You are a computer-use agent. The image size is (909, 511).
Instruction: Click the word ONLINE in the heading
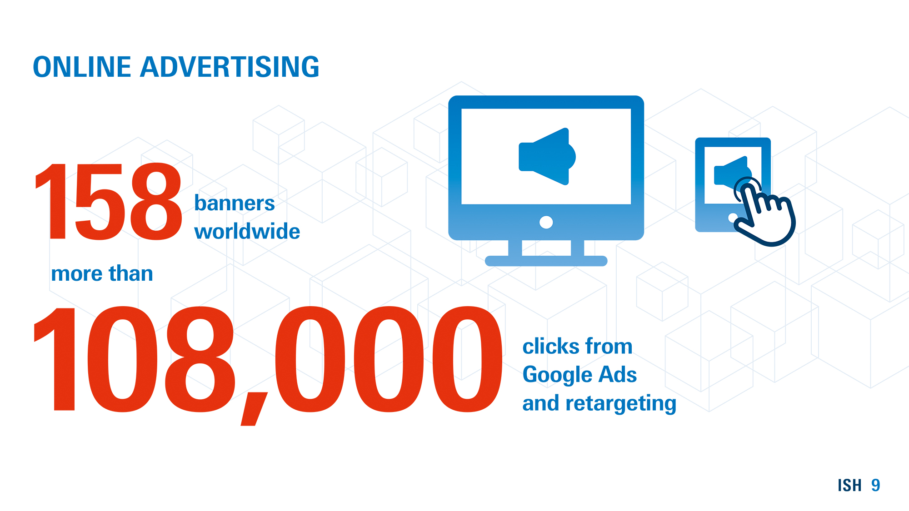tap(82, 67)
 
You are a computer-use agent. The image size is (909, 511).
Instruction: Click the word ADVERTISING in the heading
tap(230, 67)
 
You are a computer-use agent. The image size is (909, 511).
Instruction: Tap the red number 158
tap(108, 202)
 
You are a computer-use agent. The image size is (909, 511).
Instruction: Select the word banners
tap(235, 203)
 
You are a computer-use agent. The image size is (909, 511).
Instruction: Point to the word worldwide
tap(247, 231)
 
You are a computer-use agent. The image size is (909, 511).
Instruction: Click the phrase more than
tap(102, 273)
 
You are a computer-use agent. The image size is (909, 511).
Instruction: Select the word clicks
tap(552, 346)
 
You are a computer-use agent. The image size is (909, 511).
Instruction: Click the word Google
tap(558, 375)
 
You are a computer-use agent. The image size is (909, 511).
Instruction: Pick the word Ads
tap(618, 375)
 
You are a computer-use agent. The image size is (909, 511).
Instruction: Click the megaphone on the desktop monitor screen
tap(547, 156)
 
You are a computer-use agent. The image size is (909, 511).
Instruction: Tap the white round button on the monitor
tap(546, 222)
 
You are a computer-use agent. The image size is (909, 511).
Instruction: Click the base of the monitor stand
tap(546, 261)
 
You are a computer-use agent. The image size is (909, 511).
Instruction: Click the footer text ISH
tap(849, 485)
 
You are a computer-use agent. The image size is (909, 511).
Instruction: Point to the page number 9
tap(876, 485)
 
